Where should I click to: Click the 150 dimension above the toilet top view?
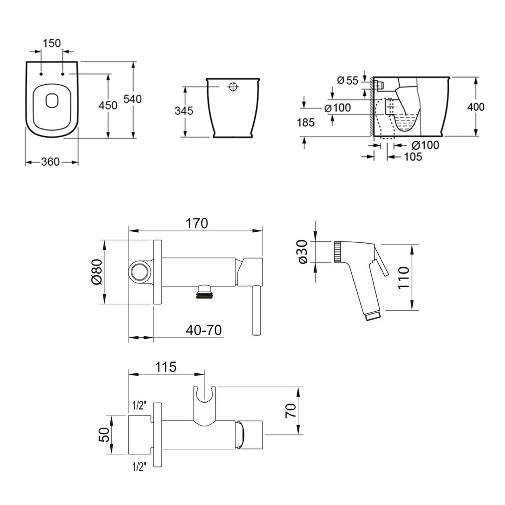(x=52, y=43)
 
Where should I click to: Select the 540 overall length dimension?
(x=132, y=99)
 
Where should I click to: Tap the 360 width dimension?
(x=50, y=162)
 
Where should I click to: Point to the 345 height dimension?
(x=184, y=110)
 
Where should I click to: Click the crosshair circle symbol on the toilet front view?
(x=233, y=87)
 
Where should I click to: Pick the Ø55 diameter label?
(x=348, y=80)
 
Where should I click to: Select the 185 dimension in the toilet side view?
(x=306, y=123)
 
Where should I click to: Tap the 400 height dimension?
(x=476, y=107)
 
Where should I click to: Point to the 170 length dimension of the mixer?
(x=197, y=224)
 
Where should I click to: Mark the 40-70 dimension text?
(x=204, y=330)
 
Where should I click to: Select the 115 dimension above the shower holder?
(x=166, y=367)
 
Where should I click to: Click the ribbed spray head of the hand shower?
(x=337, y=252)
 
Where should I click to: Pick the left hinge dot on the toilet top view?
(x=41, y=74)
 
